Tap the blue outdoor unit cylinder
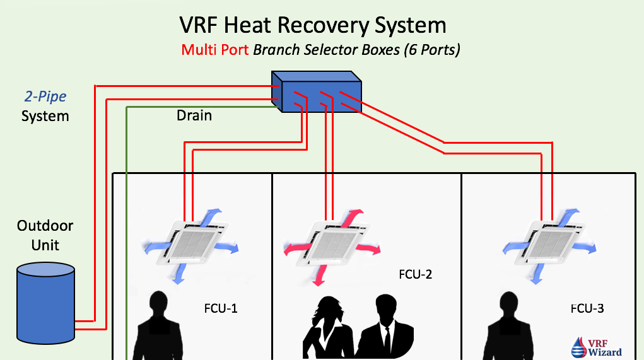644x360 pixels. click(x=46, y=301)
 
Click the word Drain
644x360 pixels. click(x=194, y=116)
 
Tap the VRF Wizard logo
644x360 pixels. click(x=596, y=347)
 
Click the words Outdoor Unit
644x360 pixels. click(x=45, y=235)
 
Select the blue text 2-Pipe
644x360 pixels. click(x=45, y=96)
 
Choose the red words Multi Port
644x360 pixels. click(x=215, y=49)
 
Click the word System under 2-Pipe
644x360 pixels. click(x=45, y=116)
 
